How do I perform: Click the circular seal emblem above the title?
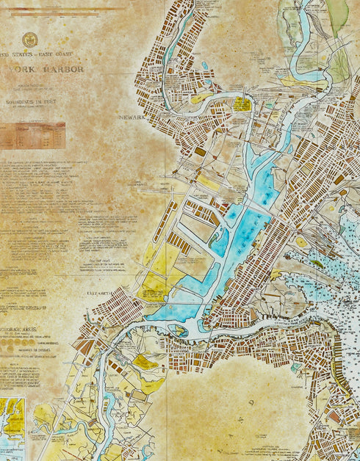30,40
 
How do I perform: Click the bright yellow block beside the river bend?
242,104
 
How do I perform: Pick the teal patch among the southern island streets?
295,367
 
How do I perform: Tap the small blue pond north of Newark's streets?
205,65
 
